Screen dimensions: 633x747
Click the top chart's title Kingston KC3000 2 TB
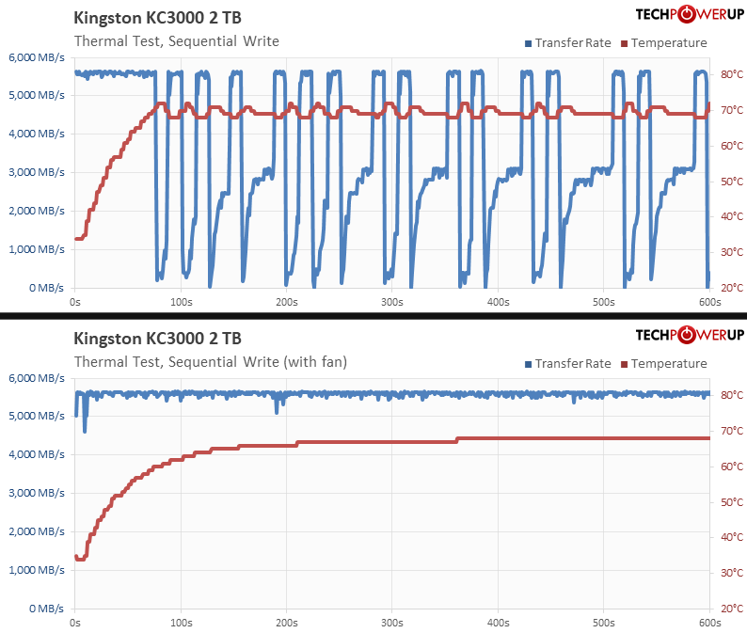(163, 19)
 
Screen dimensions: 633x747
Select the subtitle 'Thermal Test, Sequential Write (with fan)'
(211, 361)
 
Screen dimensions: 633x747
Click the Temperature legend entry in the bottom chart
(667, 363)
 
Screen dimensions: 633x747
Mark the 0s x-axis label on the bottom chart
(75, 623)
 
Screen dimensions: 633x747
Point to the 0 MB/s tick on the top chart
(44, 288)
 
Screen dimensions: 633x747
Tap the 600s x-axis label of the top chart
(709, 302)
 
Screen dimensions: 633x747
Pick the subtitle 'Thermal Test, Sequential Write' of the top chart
(176, 40)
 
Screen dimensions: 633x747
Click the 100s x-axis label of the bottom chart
(181, 623)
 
